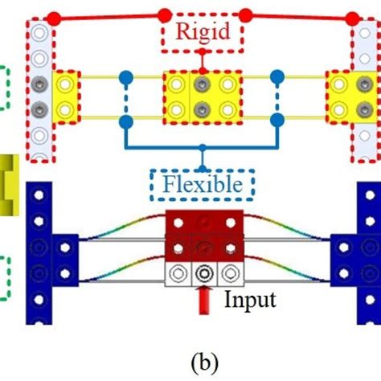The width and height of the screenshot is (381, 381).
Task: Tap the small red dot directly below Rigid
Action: [x=202, y=53]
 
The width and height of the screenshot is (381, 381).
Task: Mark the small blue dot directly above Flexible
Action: [x=202, y=148]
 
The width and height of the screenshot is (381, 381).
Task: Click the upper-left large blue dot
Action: [x=125, y=77]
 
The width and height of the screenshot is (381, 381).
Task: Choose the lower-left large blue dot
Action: [x=125, y=121]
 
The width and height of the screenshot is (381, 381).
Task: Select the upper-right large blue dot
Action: [x=277, y=77]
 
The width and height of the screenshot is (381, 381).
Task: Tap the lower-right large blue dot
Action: [x=277, y=121]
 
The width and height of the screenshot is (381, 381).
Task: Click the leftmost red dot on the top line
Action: [x=52, y=16]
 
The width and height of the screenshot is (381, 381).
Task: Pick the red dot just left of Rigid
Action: [x=164, y=14]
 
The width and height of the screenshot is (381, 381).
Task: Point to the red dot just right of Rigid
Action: [x=246, y=14]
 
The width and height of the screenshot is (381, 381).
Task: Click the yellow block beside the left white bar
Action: [x=65, y=95]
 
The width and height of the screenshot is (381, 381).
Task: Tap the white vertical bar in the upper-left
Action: [x=39, y=88]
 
